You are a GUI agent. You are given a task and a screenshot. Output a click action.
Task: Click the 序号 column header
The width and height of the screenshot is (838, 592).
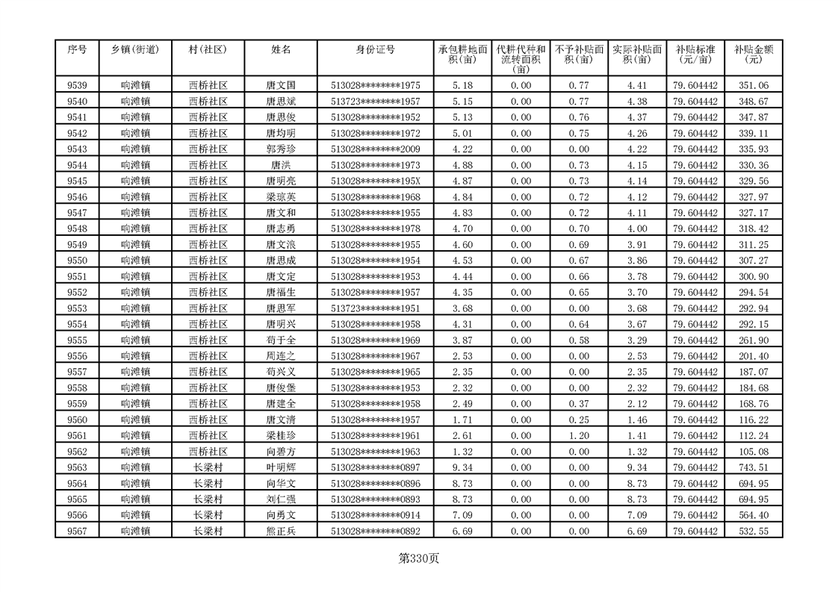tap(77, 50)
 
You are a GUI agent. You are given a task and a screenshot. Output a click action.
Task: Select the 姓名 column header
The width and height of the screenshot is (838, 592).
tap(281, 50)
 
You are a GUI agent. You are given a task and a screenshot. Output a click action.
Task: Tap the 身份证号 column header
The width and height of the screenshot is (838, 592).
tap(375, 50)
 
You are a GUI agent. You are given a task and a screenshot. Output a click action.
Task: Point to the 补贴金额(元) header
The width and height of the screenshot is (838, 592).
tap(753, 54)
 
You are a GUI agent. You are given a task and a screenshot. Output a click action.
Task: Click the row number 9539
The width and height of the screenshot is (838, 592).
tap(77, 86)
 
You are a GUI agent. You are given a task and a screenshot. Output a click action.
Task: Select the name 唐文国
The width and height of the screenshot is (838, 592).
tap(281, 86)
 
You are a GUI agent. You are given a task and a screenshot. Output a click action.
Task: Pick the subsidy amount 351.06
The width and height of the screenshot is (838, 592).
tap(753, 86)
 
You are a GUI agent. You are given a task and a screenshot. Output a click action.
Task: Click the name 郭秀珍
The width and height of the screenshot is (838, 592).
tap(281, 149)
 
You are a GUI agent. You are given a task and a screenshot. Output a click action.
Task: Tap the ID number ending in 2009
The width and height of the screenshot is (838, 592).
tap(375, 149)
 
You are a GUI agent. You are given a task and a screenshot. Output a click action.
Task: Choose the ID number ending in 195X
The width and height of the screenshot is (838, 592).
tap(375, 181)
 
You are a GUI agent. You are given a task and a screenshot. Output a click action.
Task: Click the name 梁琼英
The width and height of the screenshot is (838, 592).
tap(281, 197)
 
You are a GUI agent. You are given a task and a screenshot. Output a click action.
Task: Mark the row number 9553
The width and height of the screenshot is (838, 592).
tap(77, 308)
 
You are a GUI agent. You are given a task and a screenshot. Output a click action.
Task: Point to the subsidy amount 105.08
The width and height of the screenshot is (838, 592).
tap(753, 452)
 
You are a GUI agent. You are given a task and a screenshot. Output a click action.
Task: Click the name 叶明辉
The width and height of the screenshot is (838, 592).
tap(281, 467)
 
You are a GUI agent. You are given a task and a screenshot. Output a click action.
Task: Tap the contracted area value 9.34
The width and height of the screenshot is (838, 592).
tap(462, 467)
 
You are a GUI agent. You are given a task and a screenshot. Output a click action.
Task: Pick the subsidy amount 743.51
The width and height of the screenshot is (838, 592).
tap(753, 467)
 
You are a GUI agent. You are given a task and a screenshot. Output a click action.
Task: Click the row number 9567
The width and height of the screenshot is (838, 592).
tap(77, 531)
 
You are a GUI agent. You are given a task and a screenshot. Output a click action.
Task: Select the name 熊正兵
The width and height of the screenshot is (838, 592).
tap(281, 531)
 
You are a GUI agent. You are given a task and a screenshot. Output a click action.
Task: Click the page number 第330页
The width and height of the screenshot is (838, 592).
tap(419, 558)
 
